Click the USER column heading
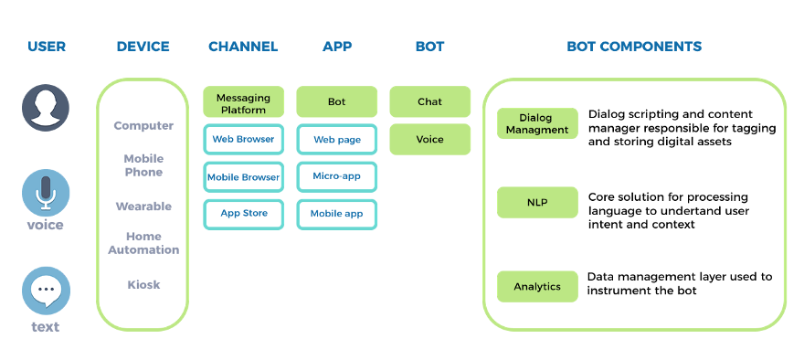coord(47,47)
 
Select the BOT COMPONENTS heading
coord(634,47)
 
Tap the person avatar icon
coord(46,108)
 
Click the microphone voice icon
coord(46,193)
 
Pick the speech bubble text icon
coord(46,291)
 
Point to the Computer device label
coord(143,126)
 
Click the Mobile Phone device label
coord(143,165)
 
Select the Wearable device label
coord(143,207)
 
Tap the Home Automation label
coord(143,243)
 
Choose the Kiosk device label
coord(143,285)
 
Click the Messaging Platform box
coord(243,102)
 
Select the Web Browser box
coord(243,140)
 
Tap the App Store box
coord(243,214)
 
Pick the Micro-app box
coord(337,176)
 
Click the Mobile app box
coord(337,214)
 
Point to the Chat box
coord(430,102)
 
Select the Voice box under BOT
coord(430,140)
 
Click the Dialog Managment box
coord(537,124)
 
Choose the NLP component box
coord(537,203)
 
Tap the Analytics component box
coord(537,287)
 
